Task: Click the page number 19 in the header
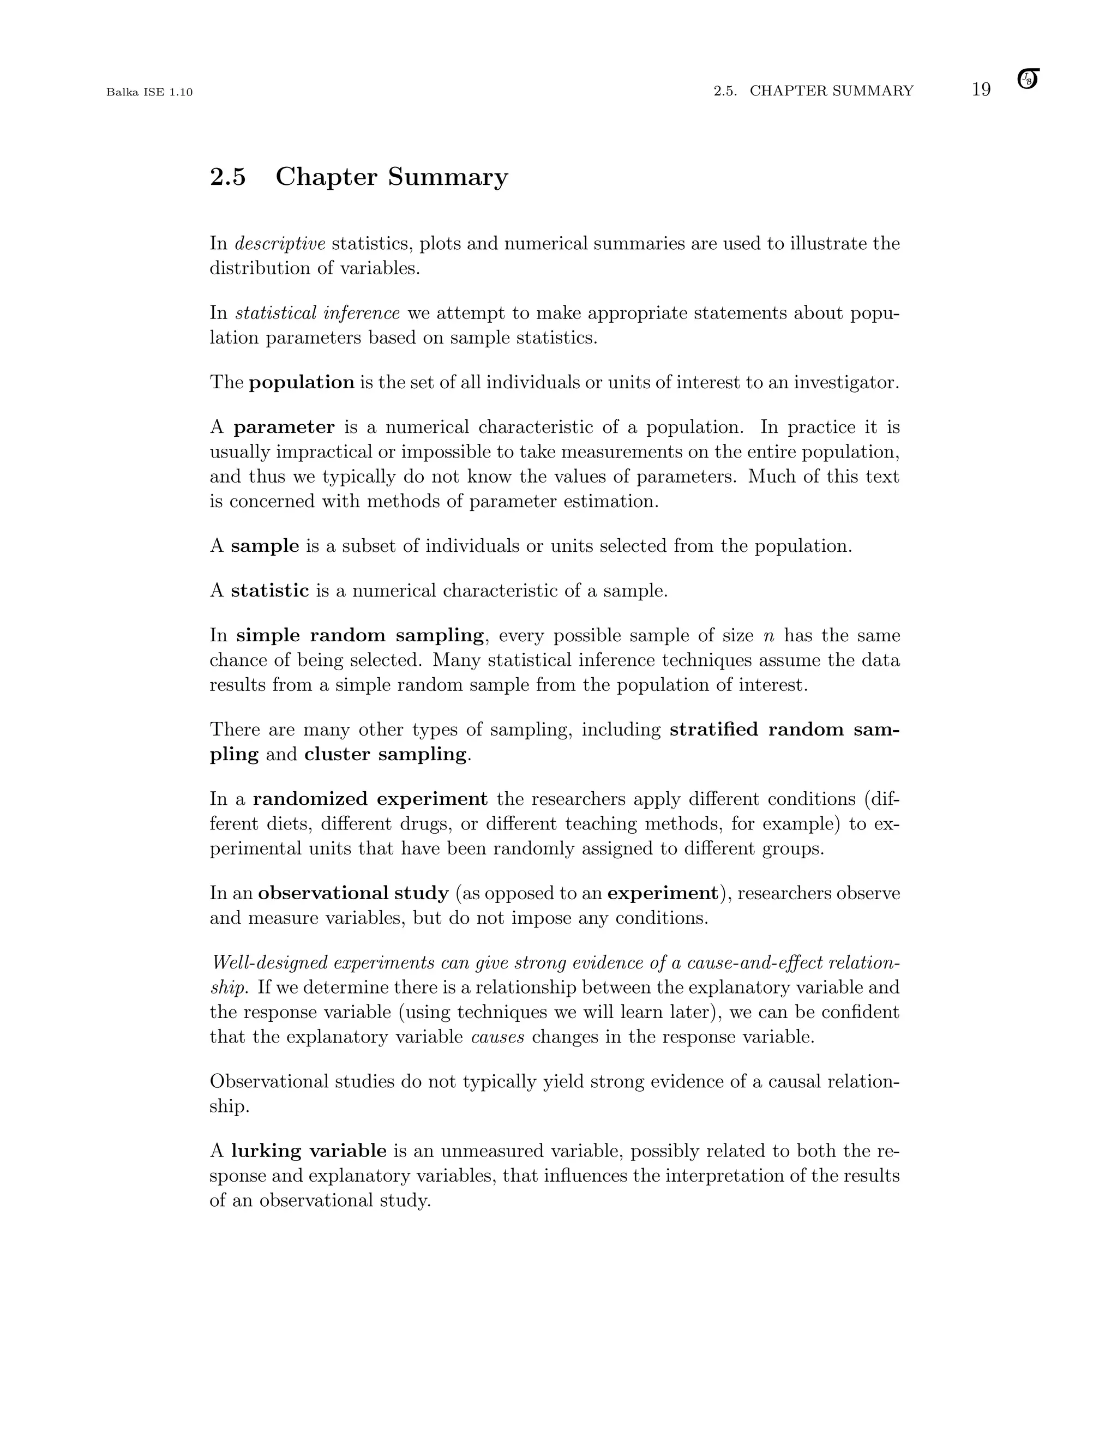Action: coord(981,90)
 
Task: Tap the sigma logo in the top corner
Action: coord(1028,80)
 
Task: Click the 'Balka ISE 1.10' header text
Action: coord(149,92)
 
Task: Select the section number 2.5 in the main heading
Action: coord(227,177)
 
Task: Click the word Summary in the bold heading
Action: coord(447,177)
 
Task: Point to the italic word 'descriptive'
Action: coord(280,244)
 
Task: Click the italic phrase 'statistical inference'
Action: coord(317,313)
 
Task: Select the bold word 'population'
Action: coord(302,382)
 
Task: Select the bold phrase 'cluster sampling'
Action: coord(385,754)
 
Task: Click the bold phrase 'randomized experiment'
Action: coord(370,799)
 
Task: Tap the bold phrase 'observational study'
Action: coord(353,894)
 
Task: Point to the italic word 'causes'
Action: coord(497,1037)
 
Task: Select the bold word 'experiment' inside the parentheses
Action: coord(662,894)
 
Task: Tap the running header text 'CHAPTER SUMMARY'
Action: coord(831,91)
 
